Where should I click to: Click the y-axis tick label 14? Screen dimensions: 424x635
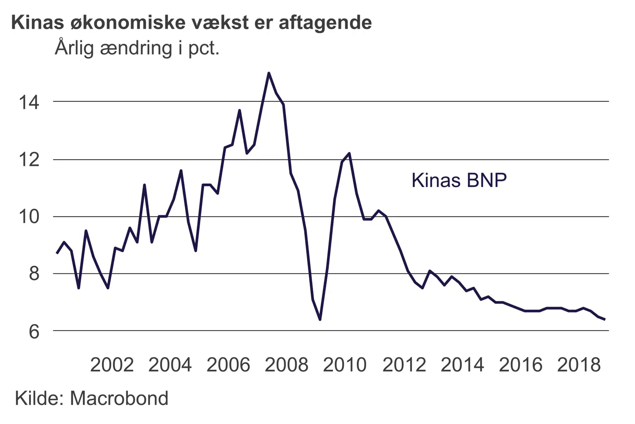[x=29, y=103]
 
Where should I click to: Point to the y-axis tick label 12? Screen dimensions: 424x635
[x=29, y=160]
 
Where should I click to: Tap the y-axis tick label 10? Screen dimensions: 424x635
[x=29, y=217]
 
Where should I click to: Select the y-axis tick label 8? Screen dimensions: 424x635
[x=34, y=274]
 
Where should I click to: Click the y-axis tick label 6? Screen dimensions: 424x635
[x=34, y=331]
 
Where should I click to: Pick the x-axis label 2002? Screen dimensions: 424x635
[x=112, y=365]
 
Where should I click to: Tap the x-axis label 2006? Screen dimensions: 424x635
[x=228, y=365]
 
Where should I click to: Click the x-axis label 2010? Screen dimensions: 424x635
[x=344, y=365]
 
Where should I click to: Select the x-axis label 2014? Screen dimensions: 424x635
[x=462, y=365]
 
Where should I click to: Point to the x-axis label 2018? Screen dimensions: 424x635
[x=579, y=365]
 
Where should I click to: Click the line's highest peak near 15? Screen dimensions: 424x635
[x=269, y=73]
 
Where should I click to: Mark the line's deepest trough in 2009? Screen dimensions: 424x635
[x=320, y=319]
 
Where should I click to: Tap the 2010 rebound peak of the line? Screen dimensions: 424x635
[x=349, y=153]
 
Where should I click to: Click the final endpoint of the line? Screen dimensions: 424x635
[x=604, y=319]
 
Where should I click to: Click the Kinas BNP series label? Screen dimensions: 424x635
[x=459, y=180]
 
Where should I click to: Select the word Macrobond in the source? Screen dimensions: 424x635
[x=119, y=398]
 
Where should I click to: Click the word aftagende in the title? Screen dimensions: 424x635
[x=325, y=23]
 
